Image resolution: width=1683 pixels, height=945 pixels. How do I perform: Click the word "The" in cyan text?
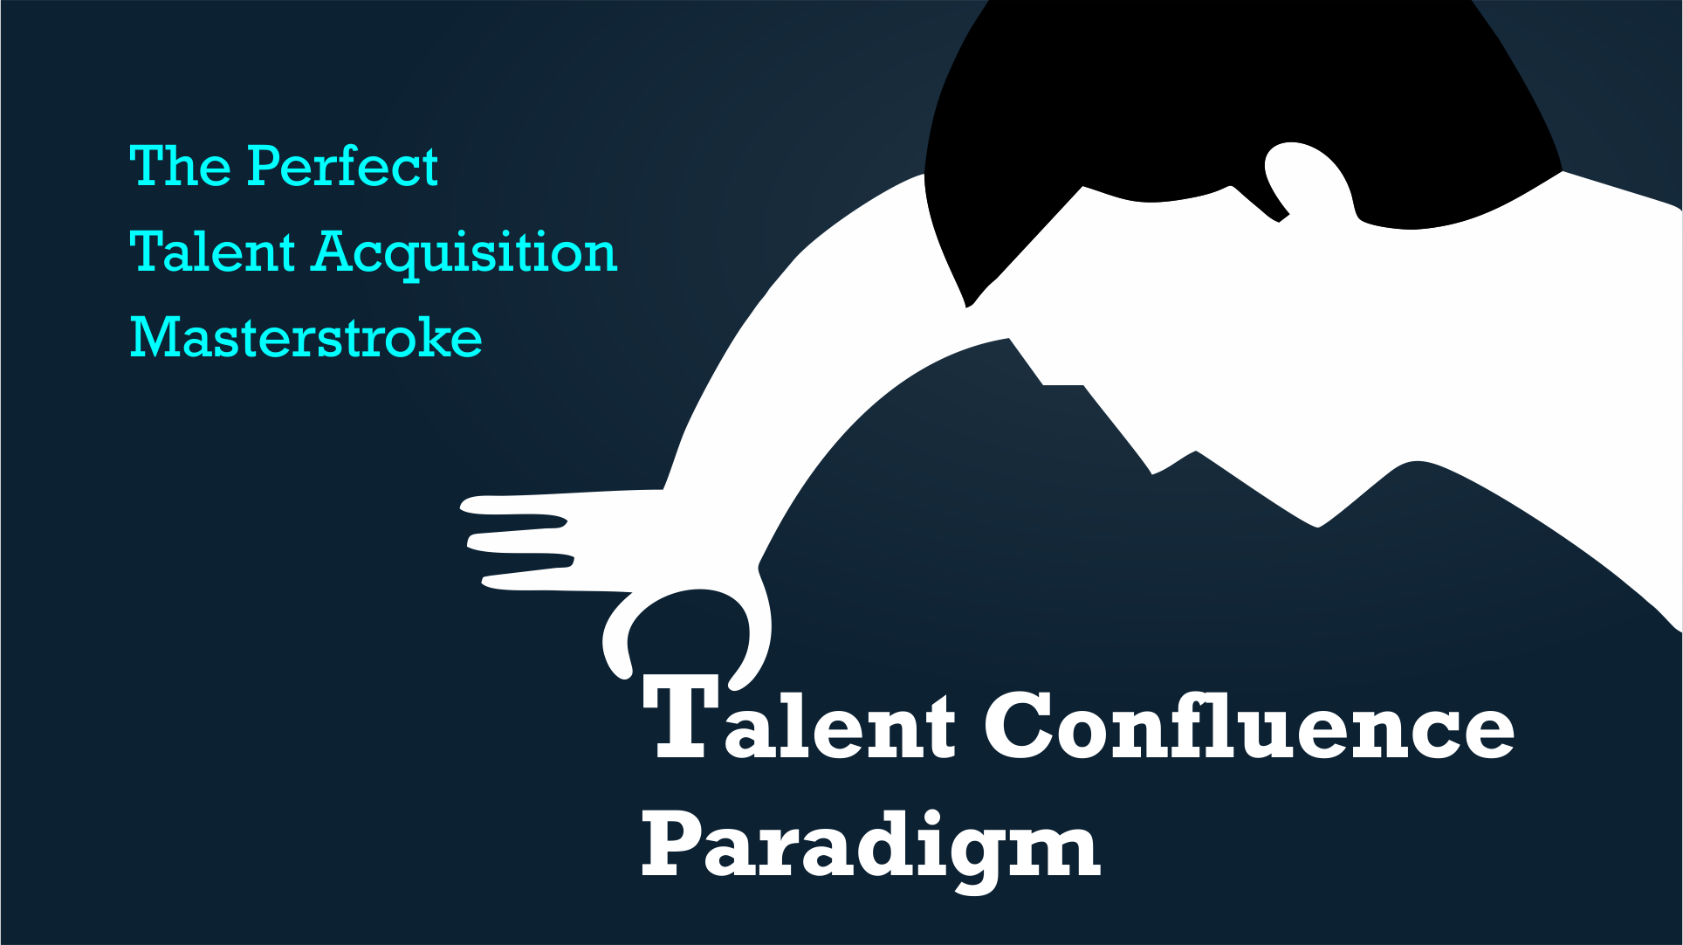tap(180, 166)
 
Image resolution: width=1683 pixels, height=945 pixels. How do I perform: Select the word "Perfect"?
tap(342, 166)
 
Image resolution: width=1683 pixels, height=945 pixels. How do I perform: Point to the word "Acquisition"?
tap(465, 254)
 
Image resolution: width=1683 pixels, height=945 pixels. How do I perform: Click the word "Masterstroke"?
tap(306, 337)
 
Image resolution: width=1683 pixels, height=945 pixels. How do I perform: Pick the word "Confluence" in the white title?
tap(1249, 724)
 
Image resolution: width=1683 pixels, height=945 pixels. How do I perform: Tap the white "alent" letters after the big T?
tap(840, 725)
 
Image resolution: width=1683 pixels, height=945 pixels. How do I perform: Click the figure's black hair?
tap(1240, 114)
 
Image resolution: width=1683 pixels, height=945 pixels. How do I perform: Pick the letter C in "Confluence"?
tap(1020, 725)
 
